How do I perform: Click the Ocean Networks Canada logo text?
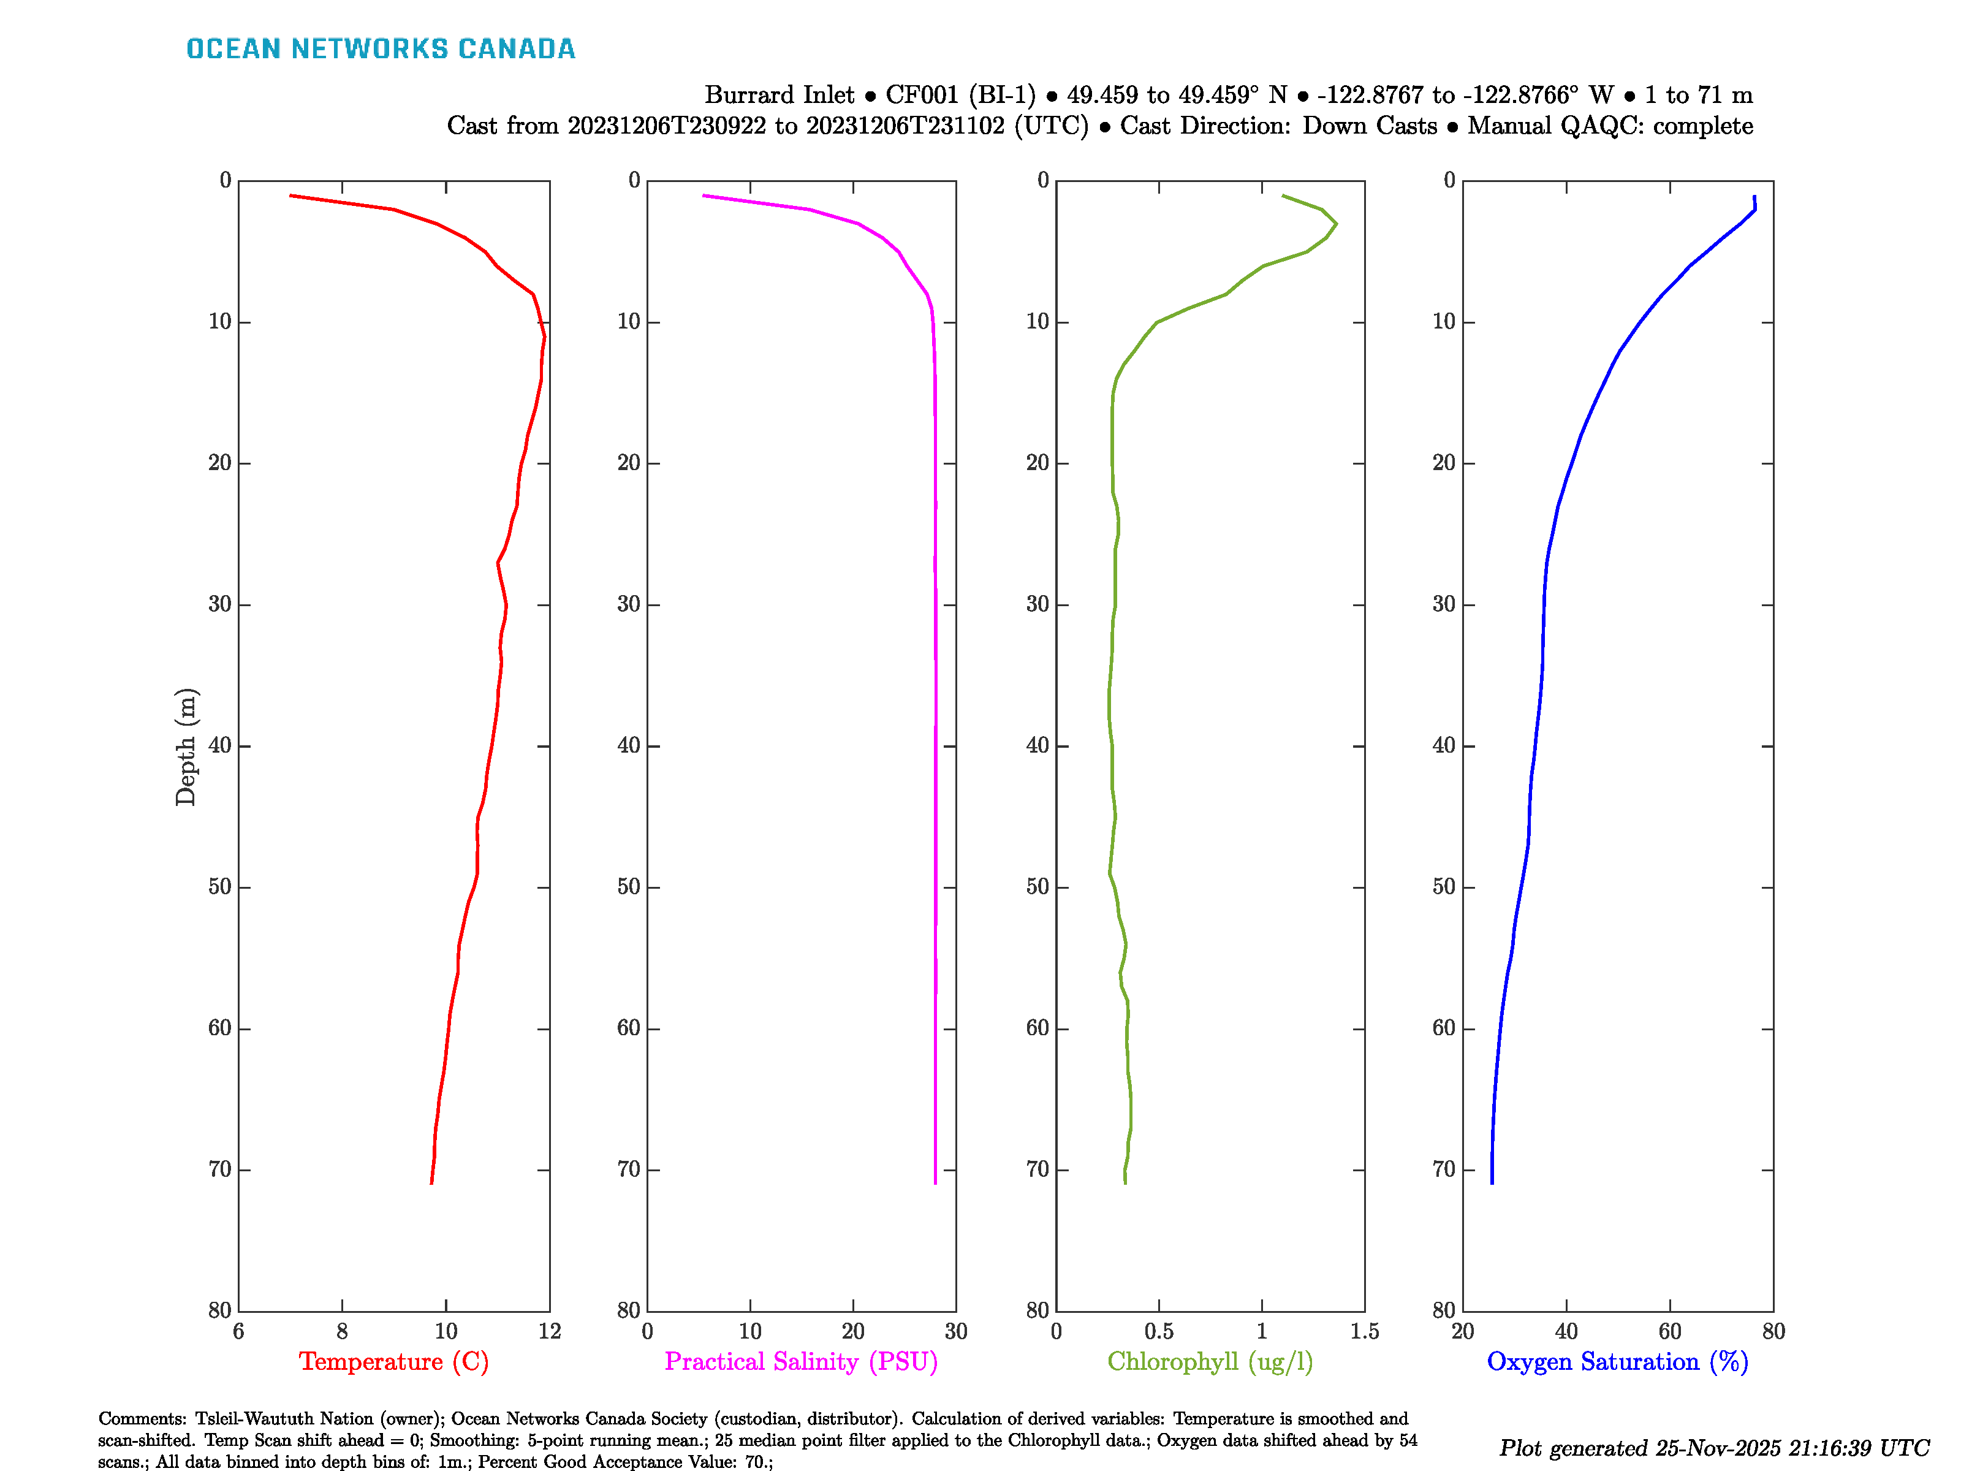click(x=381, y=49)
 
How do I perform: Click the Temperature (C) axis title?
click(x=393, y=1361)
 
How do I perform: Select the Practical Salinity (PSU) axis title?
click(x=800, y=1361)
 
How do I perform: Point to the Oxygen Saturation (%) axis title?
click(x=1617, y=1361)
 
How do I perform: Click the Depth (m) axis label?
click(x=185, y=747)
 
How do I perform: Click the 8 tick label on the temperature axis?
click(x=342, y=1331)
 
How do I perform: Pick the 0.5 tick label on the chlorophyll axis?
click(x=1159, y=1331)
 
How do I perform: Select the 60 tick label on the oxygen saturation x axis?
click(x=1669, y=1331)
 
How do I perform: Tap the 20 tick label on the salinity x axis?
click(x=853, y=1331)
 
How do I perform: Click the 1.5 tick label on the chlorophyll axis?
click(x=1364, y=1331)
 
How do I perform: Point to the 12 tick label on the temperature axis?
click(x=550, y=1331)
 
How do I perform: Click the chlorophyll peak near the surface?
click(x=1335, y=224)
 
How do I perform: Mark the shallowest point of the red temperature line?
click(x=291, y=195)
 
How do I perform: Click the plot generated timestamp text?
click(x=1713, y=1448)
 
